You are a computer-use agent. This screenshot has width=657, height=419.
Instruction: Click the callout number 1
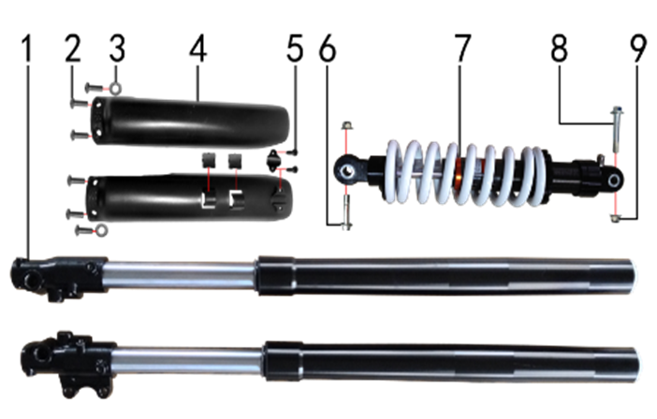click(x=27, y=49)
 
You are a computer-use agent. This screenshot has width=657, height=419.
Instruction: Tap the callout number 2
click(x=73, y=49)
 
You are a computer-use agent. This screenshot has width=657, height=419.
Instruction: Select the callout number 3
click(x=117, y=49)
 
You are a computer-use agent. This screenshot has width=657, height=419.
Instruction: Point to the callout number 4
click(x=197, y=49)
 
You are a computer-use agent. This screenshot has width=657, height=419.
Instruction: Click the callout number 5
click(x=295, y=49)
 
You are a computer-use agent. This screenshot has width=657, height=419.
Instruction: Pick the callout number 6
click(x=328, y=49)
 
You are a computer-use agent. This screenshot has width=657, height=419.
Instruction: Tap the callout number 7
click(x=462, y=49)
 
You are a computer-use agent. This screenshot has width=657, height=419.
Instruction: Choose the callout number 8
click(x=559, y=49)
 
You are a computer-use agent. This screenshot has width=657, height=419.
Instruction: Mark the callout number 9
click(x=637, y=49)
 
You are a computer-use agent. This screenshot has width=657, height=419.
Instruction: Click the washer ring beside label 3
click(x=116, y=88)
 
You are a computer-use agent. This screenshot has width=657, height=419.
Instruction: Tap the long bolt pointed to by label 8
click(x=617, y=130)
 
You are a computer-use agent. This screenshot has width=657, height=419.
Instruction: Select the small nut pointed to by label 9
click(x=615, y=218)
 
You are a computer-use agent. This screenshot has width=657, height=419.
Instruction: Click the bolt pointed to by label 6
click(x=346, y=212)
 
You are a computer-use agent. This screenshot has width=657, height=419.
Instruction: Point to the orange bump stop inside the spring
click(x=460, y=173)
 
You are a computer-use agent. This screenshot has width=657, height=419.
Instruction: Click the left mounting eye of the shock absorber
click(x=347, y=171)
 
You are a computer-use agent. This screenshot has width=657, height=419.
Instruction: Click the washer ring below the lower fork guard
click(x=101, y=230)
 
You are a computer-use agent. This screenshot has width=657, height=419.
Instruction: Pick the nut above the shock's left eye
click(x=346, y=124)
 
